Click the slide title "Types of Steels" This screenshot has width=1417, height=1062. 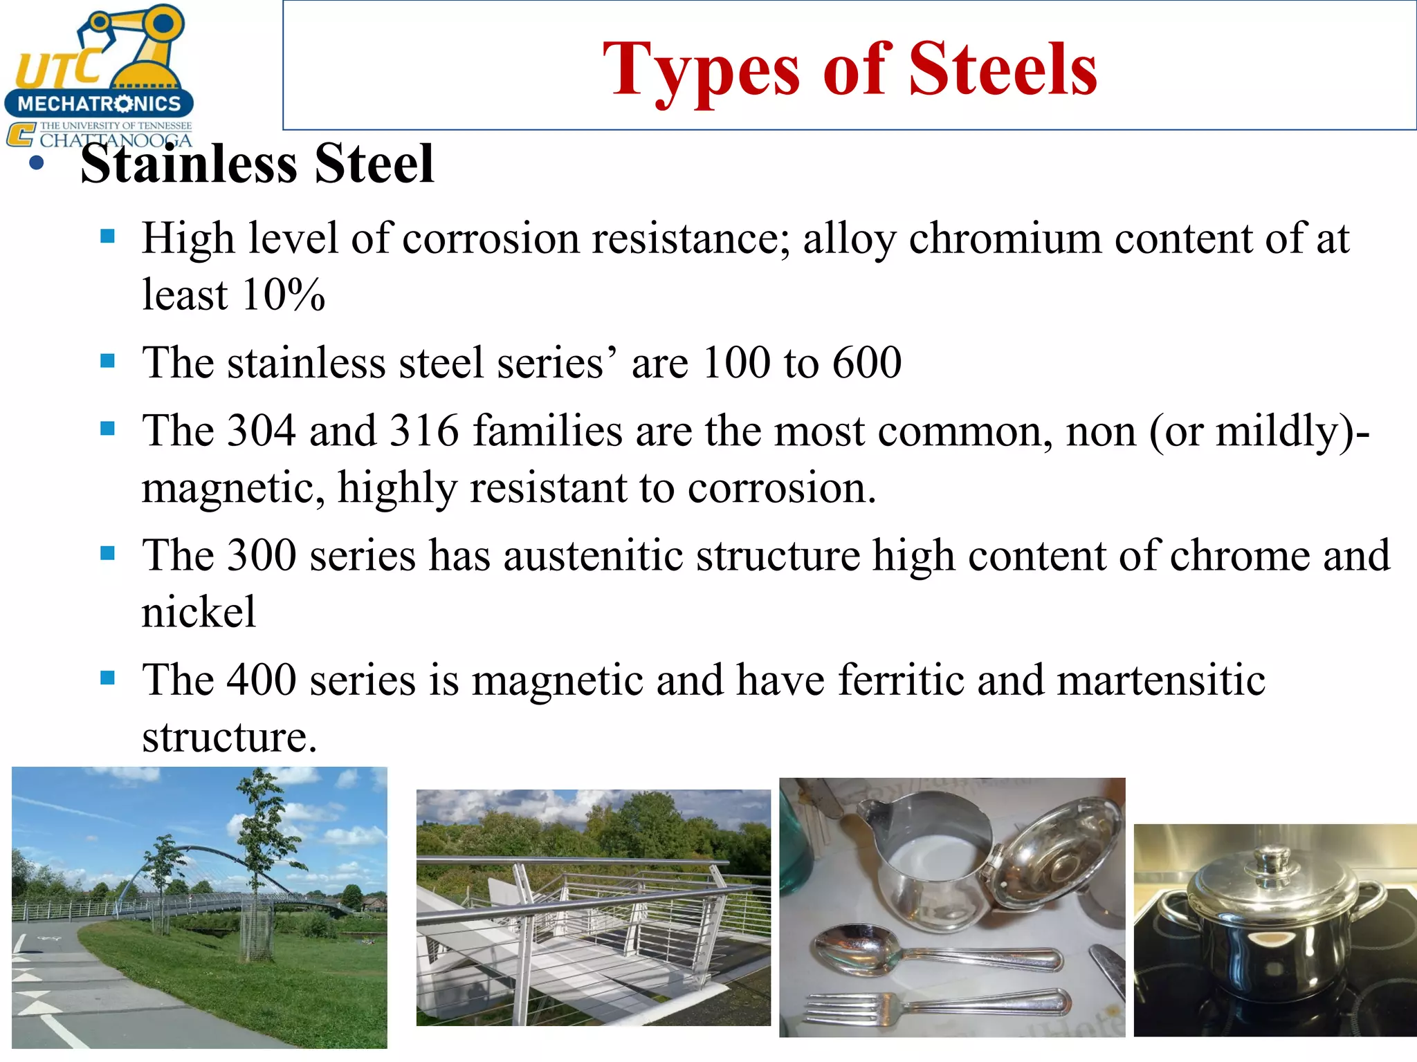[x=850, y=69]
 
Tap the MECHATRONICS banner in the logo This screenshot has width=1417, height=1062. [x=99, y=104]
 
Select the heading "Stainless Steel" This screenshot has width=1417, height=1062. [x=257, y=164]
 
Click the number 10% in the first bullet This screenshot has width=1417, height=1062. [x=284, y=295]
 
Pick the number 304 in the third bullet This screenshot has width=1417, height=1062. [x=262, y=431]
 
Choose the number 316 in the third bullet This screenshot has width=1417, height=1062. [x=424, y=431]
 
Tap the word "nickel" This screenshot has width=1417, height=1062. [x=199, y=612]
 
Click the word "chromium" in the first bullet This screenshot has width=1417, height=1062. [x=1005, y=239]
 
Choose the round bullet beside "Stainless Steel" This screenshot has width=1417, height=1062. [x=37, y=165]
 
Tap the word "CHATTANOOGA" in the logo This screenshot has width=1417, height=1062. [x=116, y=141]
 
